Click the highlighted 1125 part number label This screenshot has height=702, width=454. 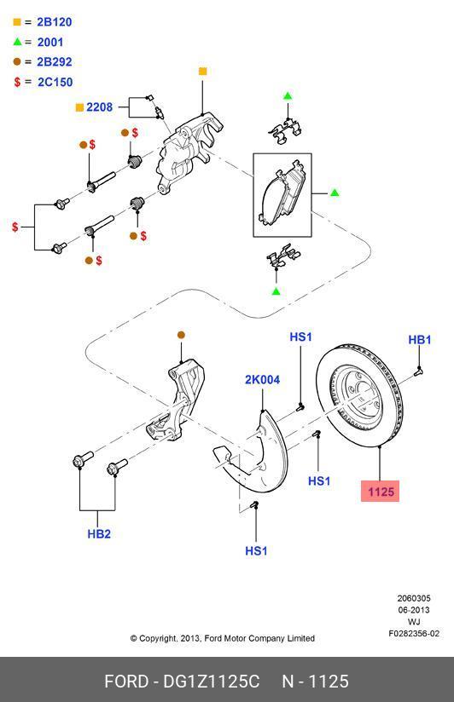point(380,492)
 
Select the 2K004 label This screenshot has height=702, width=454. point(262,380)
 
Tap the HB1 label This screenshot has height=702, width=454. point(419,340)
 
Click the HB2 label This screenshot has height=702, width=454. point(99,534)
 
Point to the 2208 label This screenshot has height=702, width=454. point(99,107)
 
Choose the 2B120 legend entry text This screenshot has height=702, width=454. point(54,21)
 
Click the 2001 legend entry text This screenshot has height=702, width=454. point(49,42)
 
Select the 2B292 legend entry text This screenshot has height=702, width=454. point(54,62)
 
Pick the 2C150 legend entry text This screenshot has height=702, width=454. point(55,83)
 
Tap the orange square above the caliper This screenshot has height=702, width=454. point(202,72)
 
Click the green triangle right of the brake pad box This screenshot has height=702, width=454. point(335,193)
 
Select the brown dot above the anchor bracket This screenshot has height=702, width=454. point(181,335)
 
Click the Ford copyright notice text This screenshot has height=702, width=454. point(222,638)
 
